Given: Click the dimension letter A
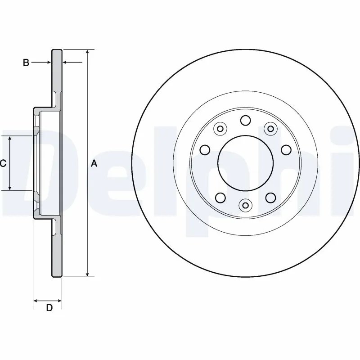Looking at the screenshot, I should (94, 163).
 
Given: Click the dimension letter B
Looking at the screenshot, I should (26, 63).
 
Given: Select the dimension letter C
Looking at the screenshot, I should (3, 164).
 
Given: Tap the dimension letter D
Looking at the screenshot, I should (49, 308).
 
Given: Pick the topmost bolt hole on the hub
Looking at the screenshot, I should (245, 120).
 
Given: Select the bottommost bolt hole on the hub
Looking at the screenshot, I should (245, 206).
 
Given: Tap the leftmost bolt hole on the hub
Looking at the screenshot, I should (205, 149).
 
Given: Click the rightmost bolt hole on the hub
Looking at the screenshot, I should (285, 149).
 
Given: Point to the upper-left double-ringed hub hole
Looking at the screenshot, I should (220, 129).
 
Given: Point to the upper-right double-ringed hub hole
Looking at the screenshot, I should (270, 129).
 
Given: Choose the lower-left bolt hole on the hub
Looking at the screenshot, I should (220, 197).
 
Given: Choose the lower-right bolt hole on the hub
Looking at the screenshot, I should (270, 197).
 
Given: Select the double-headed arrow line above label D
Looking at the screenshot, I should (48, 300).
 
